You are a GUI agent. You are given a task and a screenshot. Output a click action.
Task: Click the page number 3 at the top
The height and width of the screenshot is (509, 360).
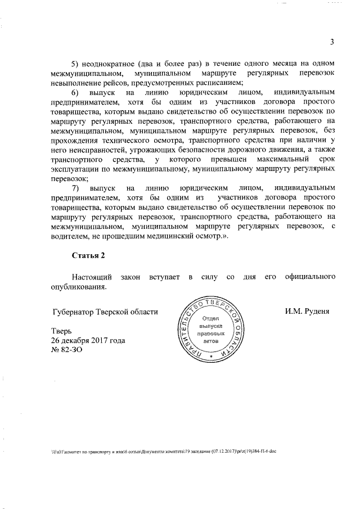tap(332, 42)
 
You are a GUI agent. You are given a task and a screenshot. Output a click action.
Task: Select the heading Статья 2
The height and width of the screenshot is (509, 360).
tap(88, 256)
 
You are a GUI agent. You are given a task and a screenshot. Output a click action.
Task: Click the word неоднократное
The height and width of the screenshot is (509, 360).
tap(112, 61)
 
